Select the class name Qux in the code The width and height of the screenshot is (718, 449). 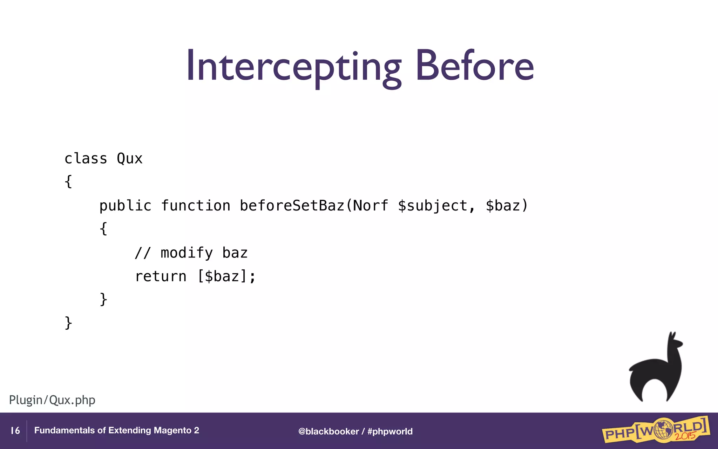click(x=129, y=159)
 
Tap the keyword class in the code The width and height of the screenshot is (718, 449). click(x=86, y=159)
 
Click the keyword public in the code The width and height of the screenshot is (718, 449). click(x=125, y=206)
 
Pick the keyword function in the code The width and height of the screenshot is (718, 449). click(x=196, y=206)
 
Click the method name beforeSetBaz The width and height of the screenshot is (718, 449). click(x=292, y=206)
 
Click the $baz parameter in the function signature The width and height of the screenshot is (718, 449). click(x=503, y=206)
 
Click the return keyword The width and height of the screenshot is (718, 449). click(x=161, y=276)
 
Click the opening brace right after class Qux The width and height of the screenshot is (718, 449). click(x=68, y=182)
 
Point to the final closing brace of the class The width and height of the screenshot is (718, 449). click(x=68, y=323)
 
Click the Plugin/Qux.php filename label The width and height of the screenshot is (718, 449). click(x=52, y=400)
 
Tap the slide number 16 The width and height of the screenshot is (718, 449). click(x=15, y=431)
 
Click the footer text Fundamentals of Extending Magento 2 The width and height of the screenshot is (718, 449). click(x=116, y=430)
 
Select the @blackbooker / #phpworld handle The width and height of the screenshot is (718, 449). click(x=355, y=431)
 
